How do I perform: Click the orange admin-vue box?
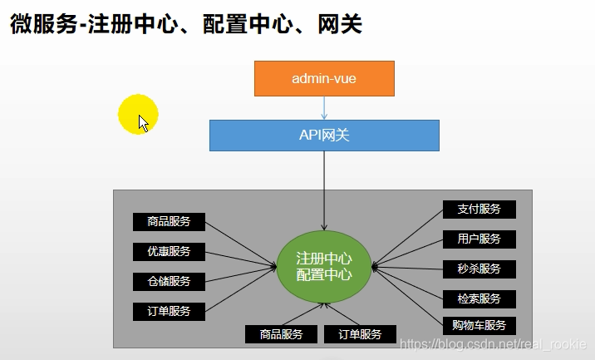[324, 78]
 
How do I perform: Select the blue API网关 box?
[324, 135]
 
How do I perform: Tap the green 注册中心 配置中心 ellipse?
[324, 266]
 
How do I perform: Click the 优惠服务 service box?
[169, 251]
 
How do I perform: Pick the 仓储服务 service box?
[169, 281]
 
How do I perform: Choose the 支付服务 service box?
[479, 210]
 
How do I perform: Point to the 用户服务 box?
[479, 239]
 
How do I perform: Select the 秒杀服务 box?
[479, 269]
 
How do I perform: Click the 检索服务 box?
[479, 298]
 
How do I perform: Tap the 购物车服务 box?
[479, 325]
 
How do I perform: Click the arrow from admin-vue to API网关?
[324, 107]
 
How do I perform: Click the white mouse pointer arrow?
[143, 123]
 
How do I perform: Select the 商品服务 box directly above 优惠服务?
[169, 221]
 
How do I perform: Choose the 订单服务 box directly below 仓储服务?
[169, 311]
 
